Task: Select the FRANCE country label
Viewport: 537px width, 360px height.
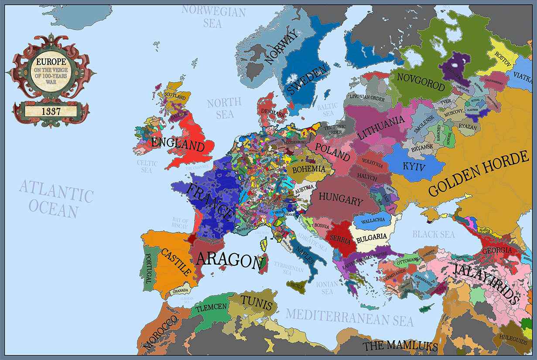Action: pyautogui.click(x=210, y=201)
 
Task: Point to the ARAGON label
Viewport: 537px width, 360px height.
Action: pyautogui.click(x=230, y=260)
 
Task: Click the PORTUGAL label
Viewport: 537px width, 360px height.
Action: pyautogui.click(x=148, y=267)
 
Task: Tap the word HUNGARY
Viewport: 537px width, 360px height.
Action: pyautogui.click(x=341, y=199)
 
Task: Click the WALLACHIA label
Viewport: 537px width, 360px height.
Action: pyautogui.click(x=373, y=220)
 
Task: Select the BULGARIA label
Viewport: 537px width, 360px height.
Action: pyautogui.click(x=372, y=237)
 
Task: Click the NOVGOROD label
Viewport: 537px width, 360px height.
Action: pyautogui.click(x=421, y=82)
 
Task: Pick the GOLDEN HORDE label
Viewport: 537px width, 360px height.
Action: pyautogui.click(x=478, y=174)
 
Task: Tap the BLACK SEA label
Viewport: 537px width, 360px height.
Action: pyautogui.click(x=434, y=234)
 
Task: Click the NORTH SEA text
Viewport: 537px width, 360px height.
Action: pyautogui.click(x=224, y=108)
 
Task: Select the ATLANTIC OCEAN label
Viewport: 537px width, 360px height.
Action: pyautogui.click(x=55, y=199)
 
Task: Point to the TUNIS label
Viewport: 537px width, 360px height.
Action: pyautogui.click(x=257, y=302)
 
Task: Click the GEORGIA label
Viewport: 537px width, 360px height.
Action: pyautogui.click(x=497, y=251)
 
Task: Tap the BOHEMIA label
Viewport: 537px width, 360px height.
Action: pyautogui.click(x=309, y=169)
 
